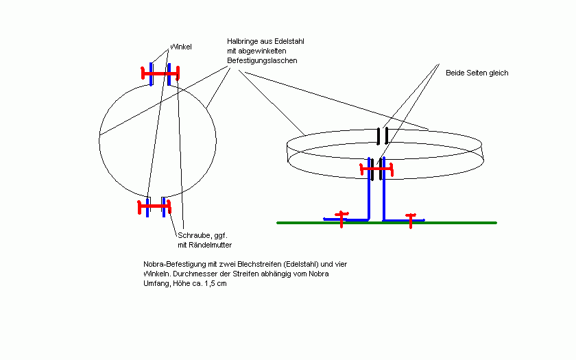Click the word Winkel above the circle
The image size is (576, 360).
[x=181, y=47]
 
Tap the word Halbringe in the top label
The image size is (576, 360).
[x=241, y=42]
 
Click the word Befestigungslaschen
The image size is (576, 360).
[x=262, y=61]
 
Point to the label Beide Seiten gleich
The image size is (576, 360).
[x=477, y=73]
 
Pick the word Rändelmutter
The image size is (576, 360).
[x=209, y=245]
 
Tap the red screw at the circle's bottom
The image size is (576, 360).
[x=154, y=204]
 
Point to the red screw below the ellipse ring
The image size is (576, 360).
[x=376, y=168]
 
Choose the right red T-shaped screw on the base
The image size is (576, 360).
[x=410, y=219]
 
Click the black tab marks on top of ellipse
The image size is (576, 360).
[x=382, y=136]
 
